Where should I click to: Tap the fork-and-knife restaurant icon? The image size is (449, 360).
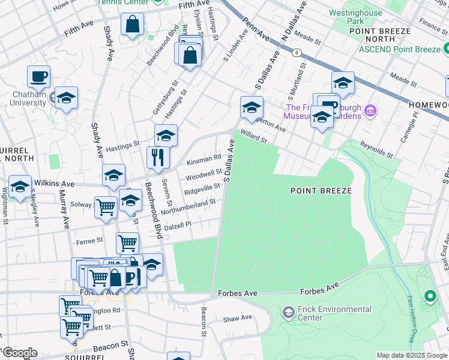pyautogui.click(x=158, y=158)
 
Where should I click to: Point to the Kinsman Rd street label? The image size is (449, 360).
pyautogui.click(x=203, y=158)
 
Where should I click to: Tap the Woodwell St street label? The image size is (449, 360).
pyautogui.click(x=203, y=175)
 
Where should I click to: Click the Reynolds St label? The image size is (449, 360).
pyautogui.click(x=376, y=150)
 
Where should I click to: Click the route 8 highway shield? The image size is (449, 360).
pyautogui.click(x=297, y=53)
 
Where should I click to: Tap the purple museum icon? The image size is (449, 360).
pyautogui.click(x=370, y=111)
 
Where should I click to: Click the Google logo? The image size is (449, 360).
pyautogui.click(x=19, y=353)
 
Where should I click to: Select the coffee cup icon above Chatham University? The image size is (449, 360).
pyautogui.click(x=38, y=76)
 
